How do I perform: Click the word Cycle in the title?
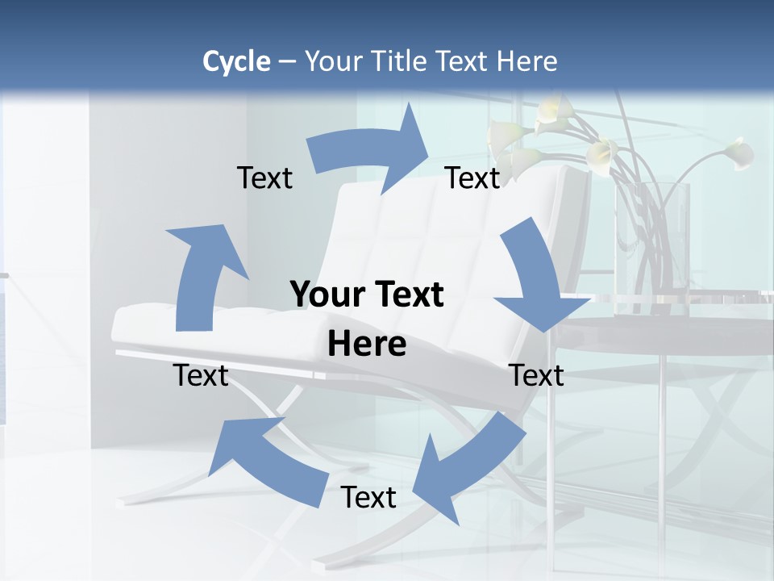(236, 61)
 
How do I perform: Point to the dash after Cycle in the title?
(287, 62)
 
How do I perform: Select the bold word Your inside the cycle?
(327, 295)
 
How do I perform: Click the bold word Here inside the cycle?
(367, 344)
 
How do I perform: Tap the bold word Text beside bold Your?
(406, 295)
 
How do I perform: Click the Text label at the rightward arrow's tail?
(264, 178)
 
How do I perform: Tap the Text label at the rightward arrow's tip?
(472, 178)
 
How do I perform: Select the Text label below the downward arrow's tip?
(537, 375)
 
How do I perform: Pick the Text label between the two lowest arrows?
(368, 497)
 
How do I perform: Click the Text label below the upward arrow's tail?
(201, 375)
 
